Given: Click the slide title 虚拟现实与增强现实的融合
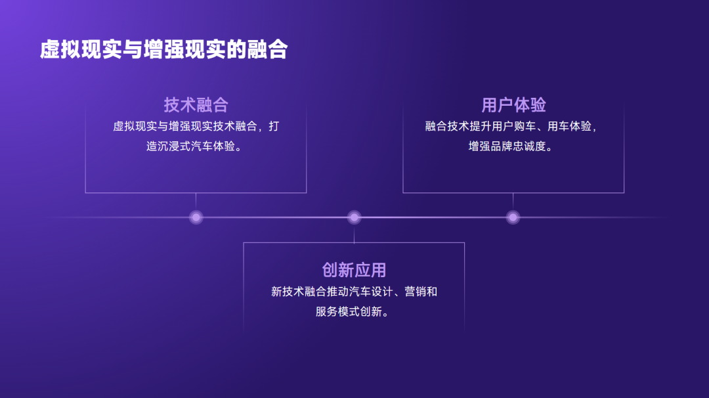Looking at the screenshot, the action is [x=163, y=50].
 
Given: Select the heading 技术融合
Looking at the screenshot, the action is [x=196, y=105].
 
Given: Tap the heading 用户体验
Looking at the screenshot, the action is [x=513, y=105].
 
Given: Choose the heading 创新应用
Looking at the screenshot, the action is [x=354, y=270].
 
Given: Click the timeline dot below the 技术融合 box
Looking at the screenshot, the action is [x=196, y=217].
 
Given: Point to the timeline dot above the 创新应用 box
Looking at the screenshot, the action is [x=354, y=217].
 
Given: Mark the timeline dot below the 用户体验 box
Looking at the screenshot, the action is [x=513, y=217].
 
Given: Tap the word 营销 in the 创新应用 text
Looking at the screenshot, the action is [x=415, y=292].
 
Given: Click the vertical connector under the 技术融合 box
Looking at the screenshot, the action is [x=196, y=201].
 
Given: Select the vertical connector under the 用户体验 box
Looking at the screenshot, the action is [x=513, y=201].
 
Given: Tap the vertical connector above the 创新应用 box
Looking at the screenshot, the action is [x=354, y=233].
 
